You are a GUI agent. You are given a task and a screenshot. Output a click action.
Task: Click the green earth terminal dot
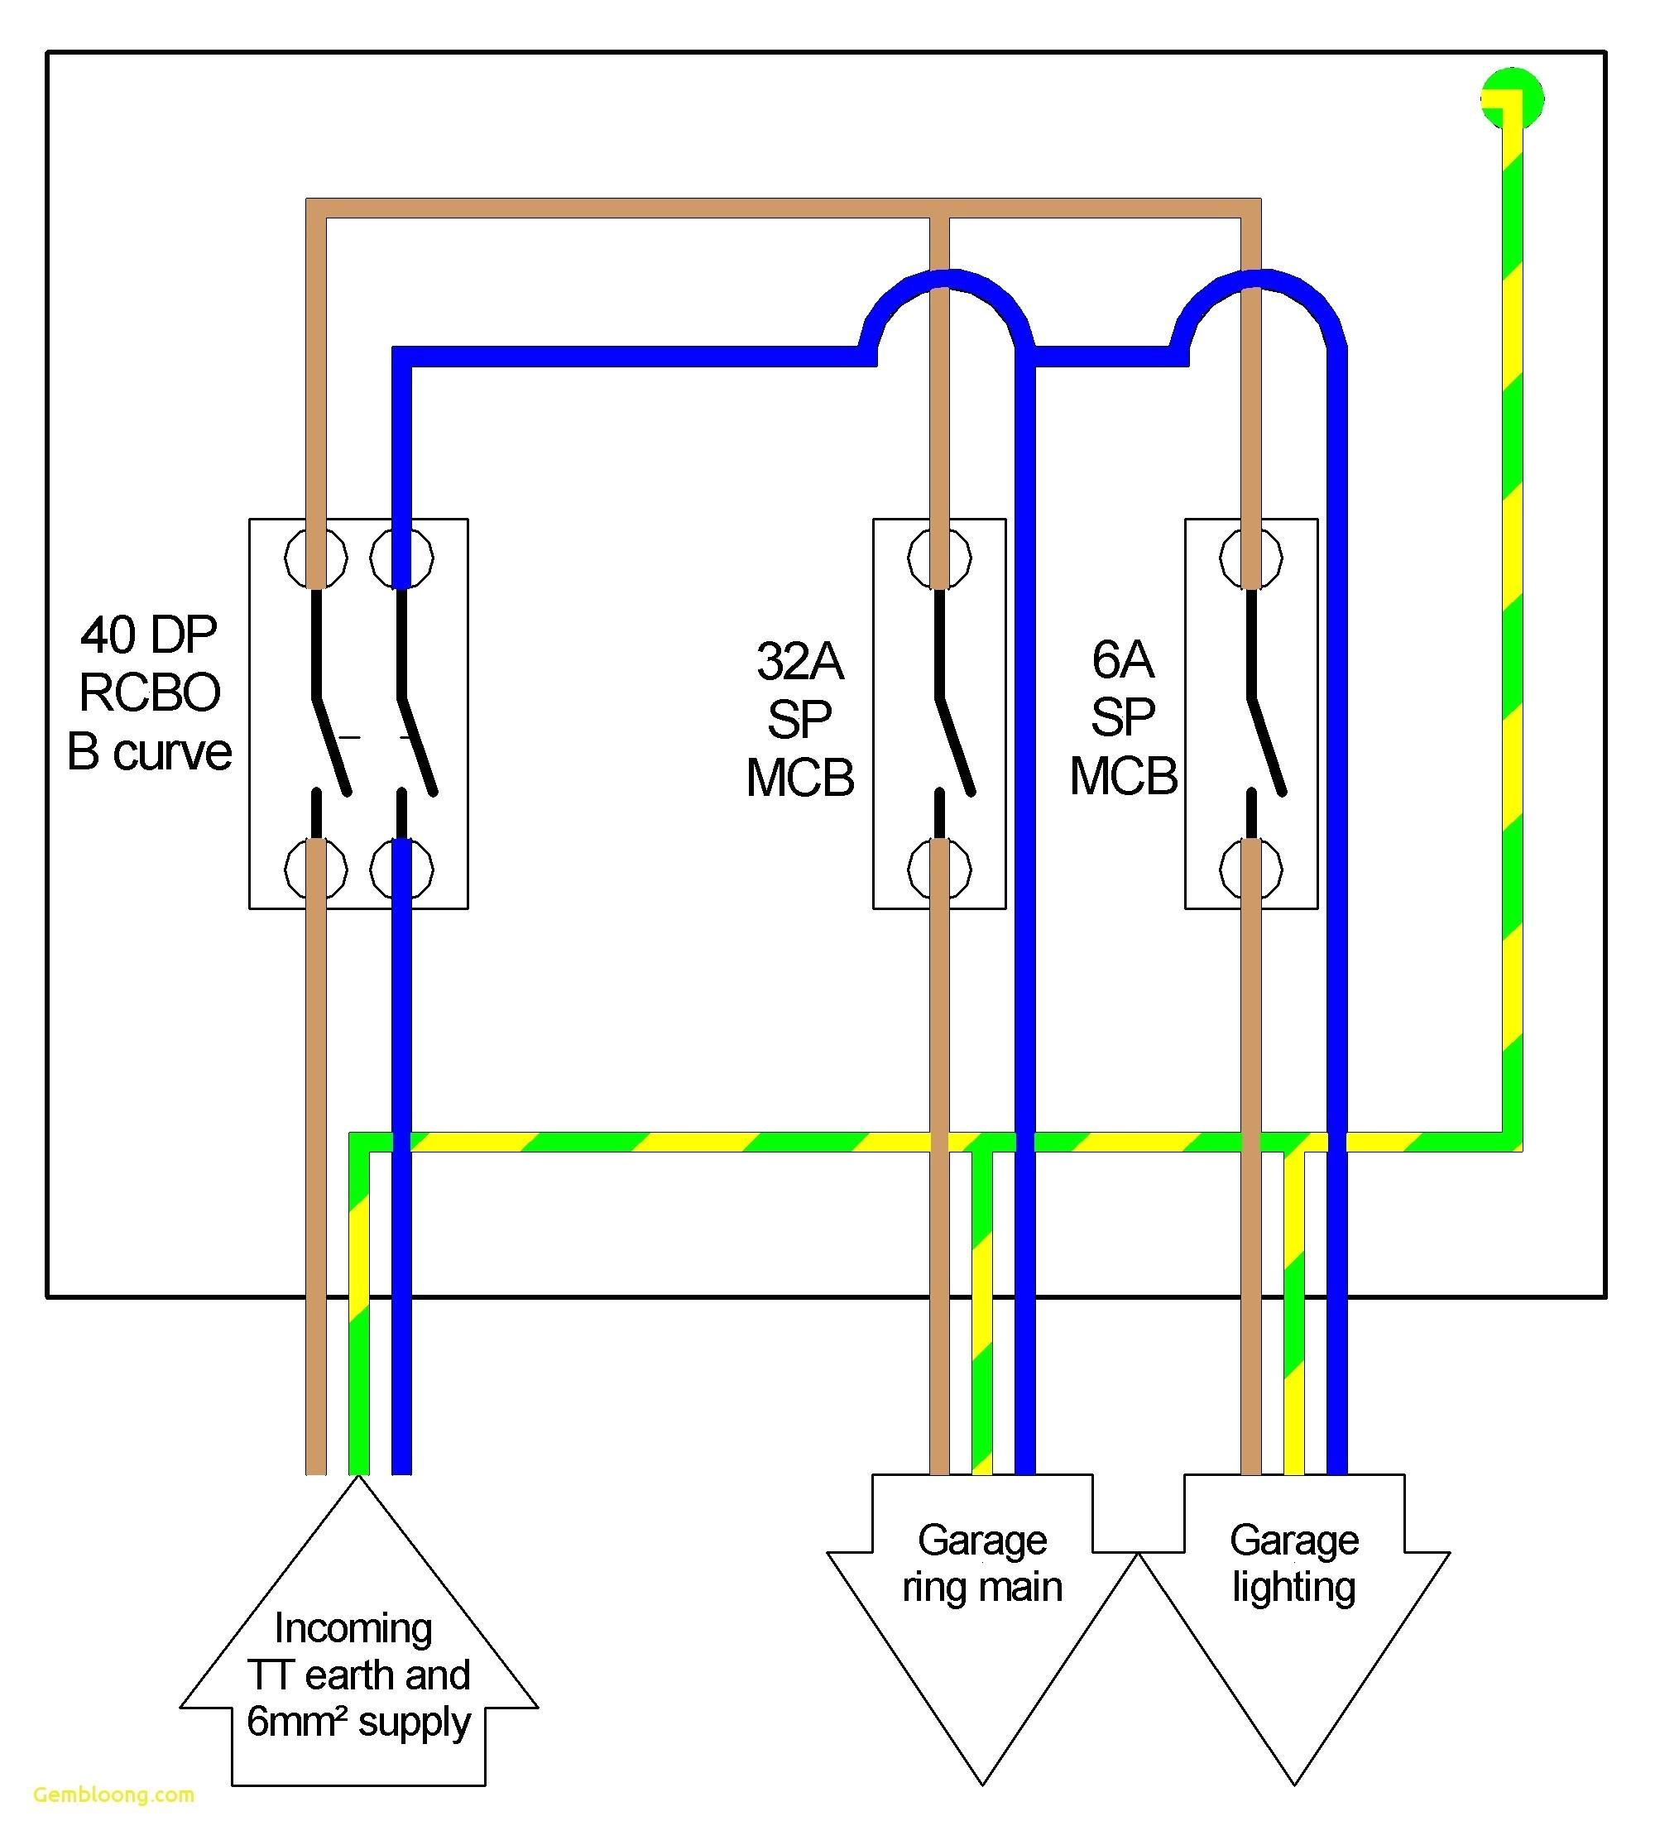1511,98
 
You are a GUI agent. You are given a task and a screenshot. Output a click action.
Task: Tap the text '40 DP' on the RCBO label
149,635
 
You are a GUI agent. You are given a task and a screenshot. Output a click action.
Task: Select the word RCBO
149,692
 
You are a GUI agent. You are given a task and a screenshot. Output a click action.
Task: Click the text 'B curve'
149,753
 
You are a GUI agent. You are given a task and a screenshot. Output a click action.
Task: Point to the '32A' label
799,661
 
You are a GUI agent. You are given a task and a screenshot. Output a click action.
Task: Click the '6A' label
1122,659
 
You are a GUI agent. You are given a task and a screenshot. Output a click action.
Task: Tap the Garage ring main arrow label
982,1563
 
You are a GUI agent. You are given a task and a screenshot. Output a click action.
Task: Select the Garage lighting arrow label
1294,1563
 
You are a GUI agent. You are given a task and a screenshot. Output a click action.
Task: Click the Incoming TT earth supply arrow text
358,1674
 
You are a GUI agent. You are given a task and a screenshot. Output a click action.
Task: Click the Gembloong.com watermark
113,1794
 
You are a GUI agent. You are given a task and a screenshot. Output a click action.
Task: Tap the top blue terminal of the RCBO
401,558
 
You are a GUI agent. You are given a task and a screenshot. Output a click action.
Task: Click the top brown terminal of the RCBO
315,558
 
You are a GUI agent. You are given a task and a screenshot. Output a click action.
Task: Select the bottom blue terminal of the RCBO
401,869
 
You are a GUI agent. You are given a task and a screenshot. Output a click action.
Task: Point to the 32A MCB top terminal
939,558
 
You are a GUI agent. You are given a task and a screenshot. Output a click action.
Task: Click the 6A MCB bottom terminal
1251,869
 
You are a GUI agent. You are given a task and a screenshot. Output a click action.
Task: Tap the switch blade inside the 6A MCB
1267,745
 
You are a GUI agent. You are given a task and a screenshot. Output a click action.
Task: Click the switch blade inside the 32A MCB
955,745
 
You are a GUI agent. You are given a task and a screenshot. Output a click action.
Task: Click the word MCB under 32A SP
799,779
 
